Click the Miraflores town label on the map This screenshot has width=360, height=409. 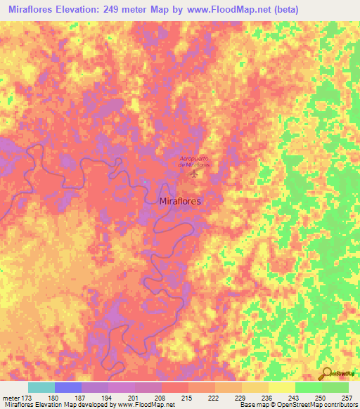tap(181, 201)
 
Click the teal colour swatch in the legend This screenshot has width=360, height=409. tap(41, 387)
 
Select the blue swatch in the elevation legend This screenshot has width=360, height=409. tap(67, 387)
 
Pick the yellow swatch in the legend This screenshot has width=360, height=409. tap(281, 387)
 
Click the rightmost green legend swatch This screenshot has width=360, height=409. tap(335, 387)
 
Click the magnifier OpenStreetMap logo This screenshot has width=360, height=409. tap(325, 374)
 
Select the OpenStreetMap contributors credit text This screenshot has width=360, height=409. tap(317, 405)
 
